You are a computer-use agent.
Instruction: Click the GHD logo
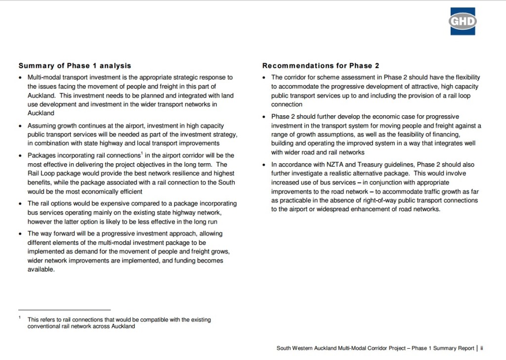(463, 21)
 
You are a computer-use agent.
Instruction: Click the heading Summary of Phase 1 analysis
(75, 66)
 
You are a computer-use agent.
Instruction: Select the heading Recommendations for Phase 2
(321, 66)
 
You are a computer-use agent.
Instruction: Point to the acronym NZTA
(331, 165)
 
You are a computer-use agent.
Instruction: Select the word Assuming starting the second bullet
(42, 126)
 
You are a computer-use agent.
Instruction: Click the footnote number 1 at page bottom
(20, 318)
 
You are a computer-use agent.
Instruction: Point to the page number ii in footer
(481, 348)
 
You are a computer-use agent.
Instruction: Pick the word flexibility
(463, 78)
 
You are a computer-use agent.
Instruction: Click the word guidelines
(399, 165)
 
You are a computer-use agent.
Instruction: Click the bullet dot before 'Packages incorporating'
(20, 156)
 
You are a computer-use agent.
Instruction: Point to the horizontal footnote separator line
(64, 310)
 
